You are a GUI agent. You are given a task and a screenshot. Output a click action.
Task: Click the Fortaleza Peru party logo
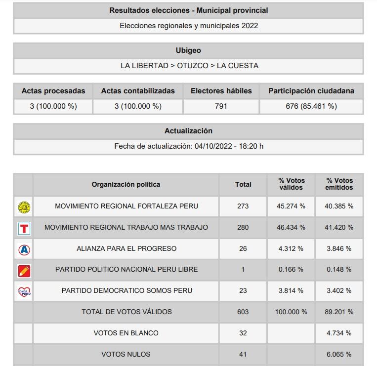24,206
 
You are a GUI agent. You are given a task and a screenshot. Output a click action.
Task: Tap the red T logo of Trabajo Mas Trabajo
24,228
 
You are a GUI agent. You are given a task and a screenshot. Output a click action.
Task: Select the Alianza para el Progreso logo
24,249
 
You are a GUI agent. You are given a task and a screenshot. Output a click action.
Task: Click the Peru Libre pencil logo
24,270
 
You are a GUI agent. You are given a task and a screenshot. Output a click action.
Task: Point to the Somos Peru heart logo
24,291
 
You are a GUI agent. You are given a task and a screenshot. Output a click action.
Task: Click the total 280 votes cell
243,228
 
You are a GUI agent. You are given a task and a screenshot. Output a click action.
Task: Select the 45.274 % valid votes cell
291,206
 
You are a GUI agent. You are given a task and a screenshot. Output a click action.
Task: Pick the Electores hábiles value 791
221,106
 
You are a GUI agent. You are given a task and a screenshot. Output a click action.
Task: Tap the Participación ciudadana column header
311,91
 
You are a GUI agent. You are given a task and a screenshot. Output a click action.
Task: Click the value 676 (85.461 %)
311,106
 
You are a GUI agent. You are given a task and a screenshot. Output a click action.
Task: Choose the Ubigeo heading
188,50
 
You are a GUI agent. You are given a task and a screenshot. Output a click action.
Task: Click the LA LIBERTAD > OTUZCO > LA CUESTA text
188,66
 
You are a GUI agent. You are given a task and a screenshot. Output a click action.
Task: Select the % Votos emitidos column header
339,184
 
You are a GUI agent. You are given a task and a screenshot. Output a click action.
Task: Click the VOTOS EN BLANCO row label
126,333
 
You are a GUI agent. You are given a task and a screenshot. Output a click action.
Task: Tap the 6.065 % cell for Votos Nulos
339,354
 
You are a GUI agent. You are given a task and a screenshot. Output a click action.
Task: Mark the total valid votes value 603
243,312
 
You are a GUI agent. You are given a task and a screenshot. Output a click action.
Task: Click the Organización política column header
126,184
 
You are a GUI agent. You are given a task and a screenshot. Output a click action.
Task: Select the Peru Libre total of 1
243,270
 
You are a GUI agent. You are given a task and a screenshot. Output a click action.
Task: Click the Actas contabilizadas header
138,91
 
